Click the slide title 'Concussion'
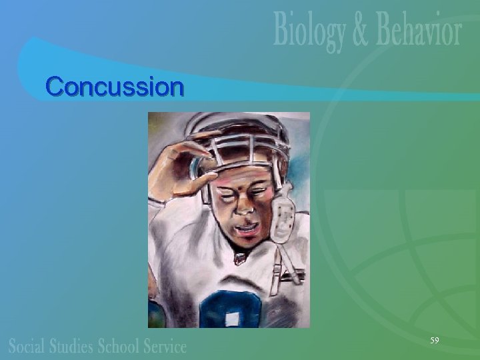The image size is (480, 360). coord(114,87)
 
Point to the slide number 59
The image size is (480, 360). coord(434,341)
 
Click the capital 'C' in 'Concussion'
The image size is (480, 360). coord(55,87)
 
